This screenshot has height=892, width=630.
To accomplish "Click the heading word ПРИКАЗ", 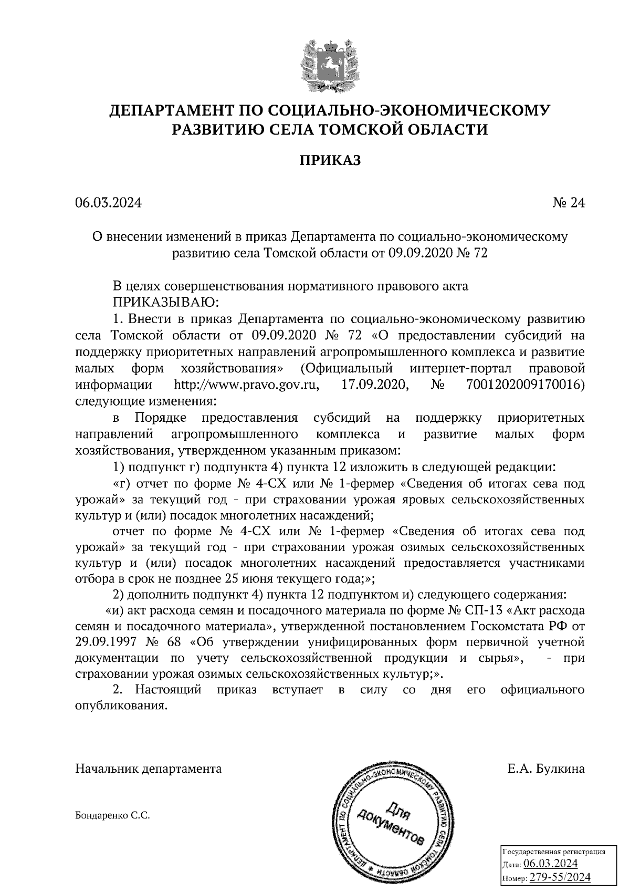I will [x=330, y=161].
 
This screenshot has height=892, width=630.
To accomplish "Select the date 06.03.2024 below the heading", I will [x=108, y=203].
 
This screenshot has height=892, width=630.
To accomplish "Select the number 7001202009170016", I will [x=524, y=385].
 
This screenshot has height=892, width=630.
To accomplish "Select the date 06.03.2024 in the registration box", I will [x=551, y=864].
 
